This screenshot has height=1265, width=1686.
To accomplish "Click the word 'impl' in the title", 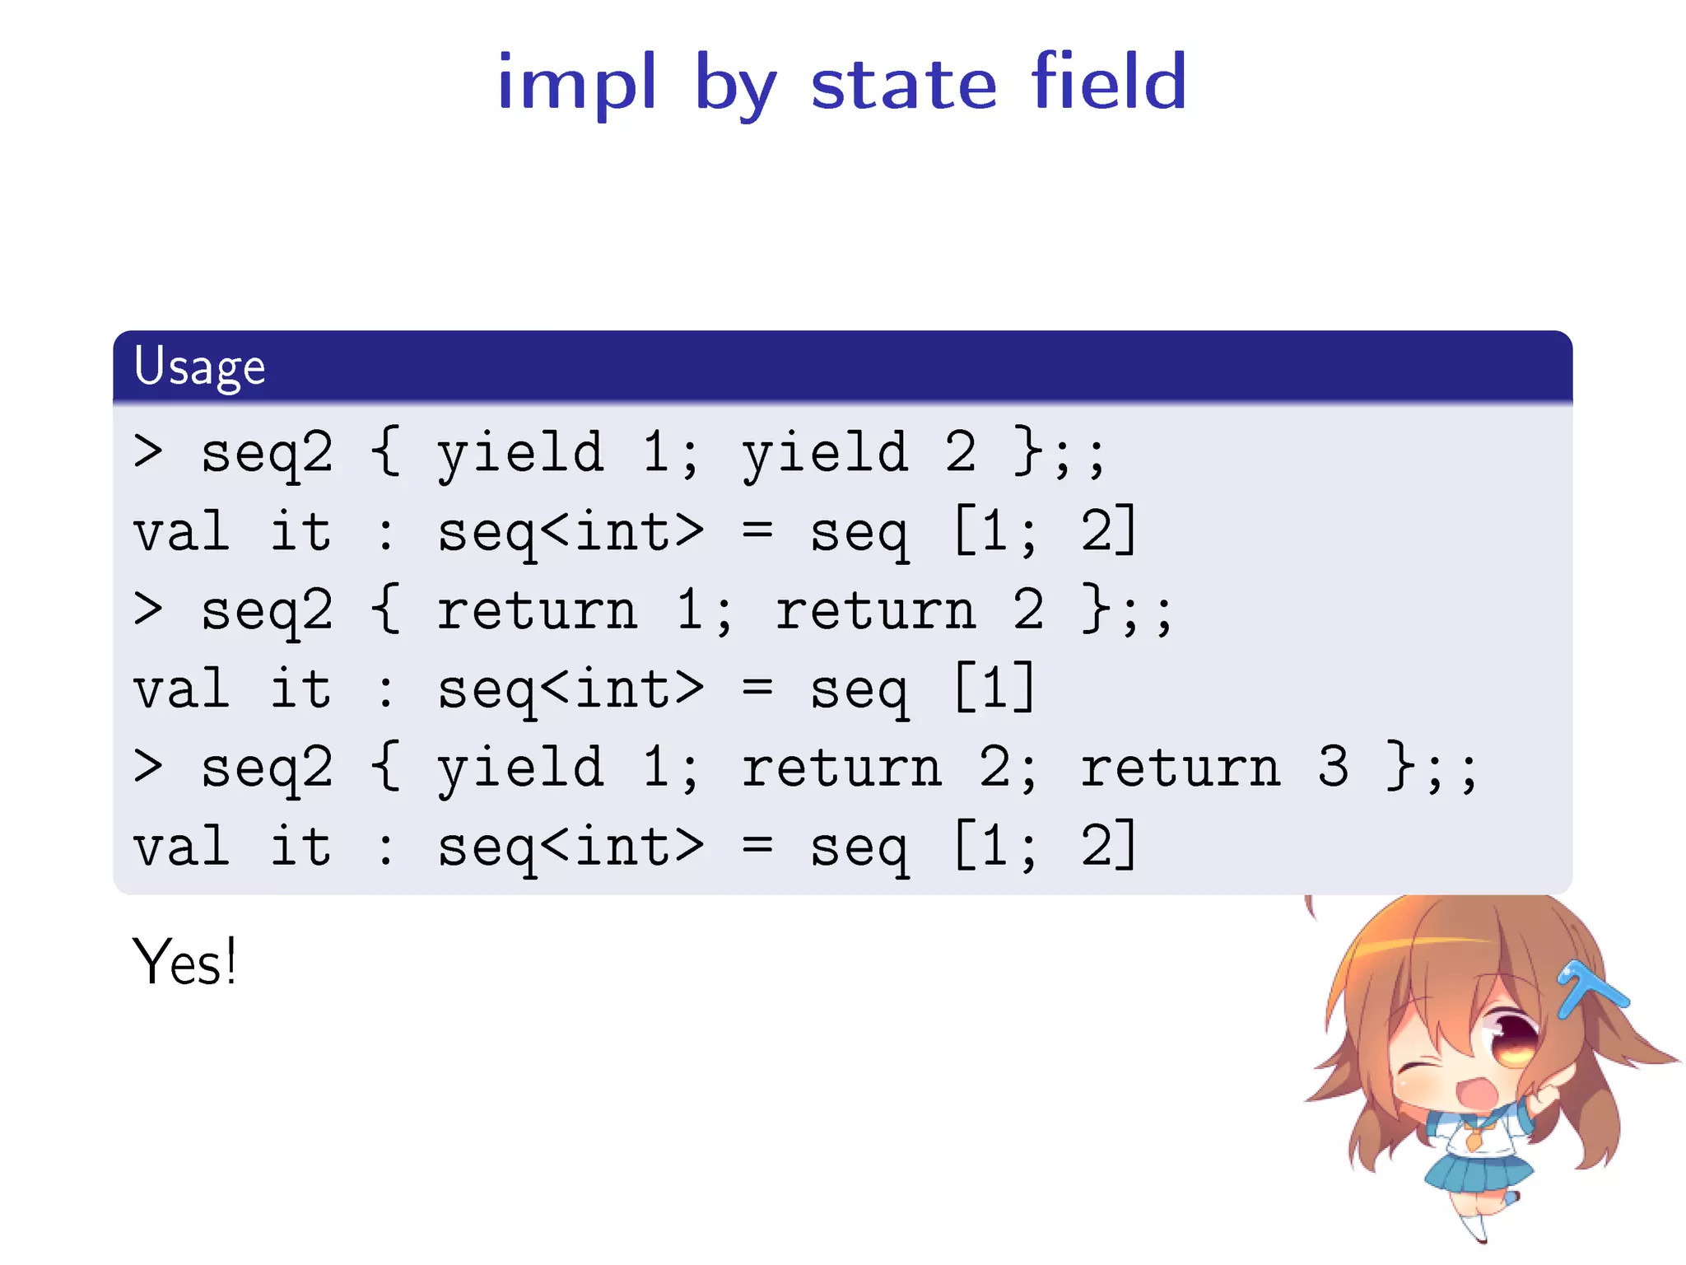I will click(576, 82).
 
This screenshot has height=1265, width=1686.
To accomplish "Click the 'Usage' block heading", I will click(199, 366).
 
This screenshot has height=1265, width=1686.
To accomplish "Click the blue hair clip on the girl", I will click(1589, 988).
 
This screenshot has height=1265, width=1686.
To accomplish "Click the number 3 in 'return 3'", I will click(1333, 767).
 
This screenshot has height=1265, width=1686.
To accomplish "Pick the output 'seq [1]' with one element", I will click(922, 689).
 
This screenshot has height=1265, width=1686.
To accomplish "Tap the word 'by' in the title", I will click(735, 86).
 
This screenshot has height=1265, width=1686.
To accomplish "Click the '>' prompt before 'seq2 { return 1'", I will click(148, 609).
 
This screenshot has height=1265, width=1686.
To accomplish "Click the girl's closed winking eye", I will click(1418, 1071).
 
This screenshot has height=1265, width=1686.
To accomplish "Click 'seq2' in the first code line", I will click(267, 452).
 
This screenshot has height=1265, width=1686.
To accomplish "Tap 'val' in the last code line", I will click(181, 846).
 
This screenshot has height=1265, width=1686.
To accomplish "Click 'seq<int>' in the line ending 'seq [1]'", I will click(570, 689).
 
